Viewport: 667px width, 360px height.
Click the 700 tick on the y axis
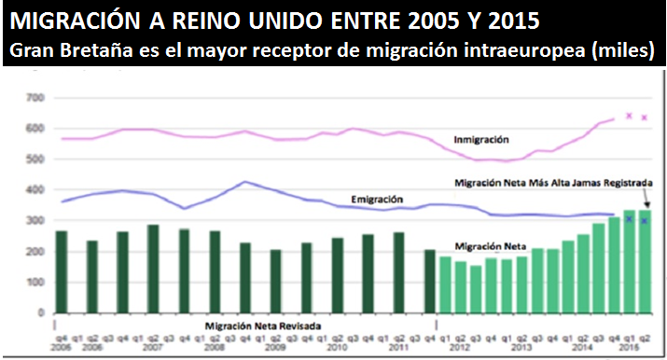click(x=36, y=97)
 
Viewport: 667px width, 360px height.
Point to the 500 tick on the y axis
click(x=36, y=159)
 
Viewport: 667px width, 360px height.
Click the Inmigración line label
click(x=480, y=140)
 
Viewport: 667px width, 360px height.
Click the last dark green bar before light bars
click(x=430, y=281)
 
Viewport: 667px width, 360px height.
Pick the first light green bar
click(x=445, y=284)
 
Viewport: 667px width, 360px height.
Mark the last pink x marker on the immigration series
click(x=645, y=118)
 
